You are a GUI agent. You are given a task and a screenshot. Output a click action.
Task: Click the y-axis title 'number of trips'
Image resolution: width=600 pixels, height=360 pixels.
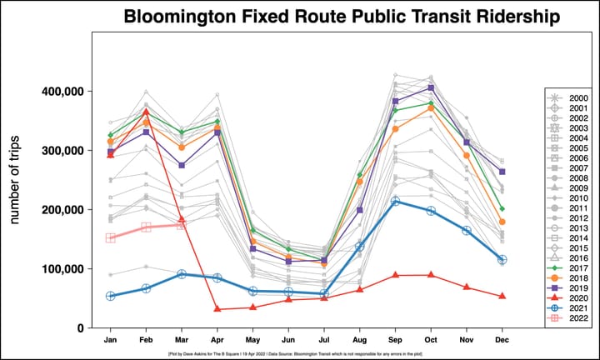17,180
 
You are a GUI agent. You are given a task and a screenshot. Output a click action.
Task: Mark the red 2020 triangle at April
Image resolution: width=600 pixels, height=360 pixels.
217,309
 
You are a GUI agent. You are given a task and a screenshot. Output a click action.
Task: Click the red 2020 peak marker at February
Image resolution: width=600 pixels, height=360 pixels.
146,112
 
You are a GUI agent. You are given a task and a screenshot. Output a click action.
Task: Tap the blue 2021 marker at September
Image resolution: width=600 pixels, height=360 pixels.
396,202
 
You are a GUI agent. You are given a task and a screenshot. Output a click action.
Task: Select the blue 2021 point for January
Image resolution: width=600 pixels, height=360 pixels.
110,296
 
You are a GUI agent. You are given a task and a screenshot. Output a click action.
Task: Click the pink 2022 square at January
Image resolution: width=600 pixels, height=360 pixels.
110,238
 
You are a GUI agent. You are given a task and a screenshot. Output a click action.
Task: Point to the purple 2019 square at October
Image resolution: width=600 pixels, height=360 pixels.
432,87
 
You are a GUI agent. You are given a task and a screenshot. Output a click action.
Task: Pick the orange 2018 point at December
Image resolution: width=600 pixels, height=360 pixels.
503,222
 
